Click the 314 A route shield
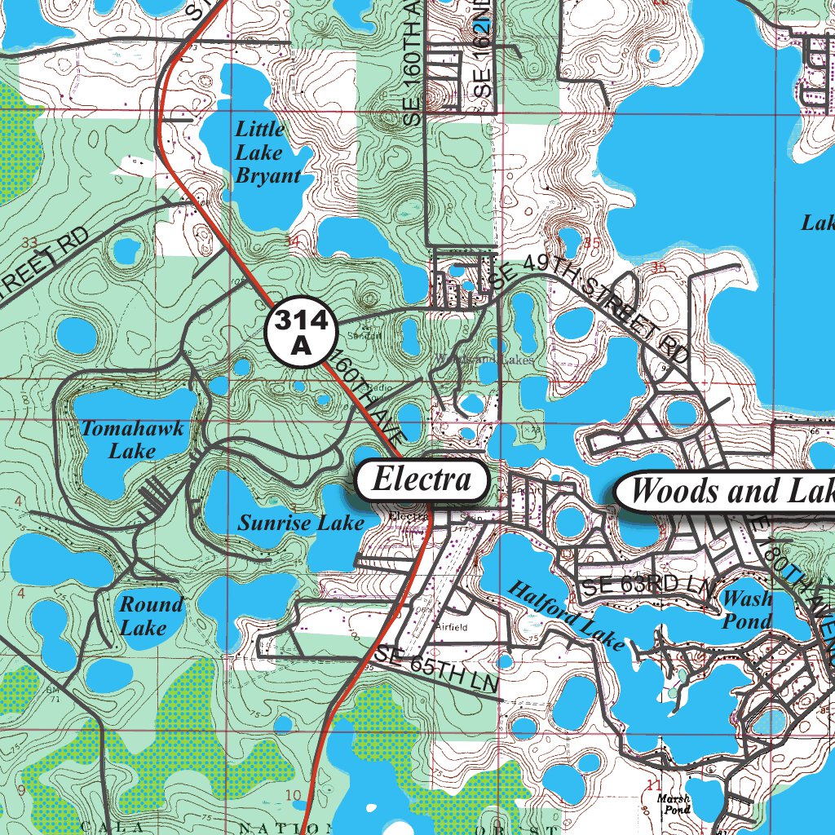point(301,333)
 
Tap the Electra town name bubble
point(422,479)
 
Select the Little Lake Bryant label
point(267,152)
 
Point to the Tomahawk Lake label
point(132,440)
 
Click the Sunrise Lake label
point(300,523)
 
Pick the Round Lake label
point(151,616)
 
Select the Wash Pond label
point(747,610)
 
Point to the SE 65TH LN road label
point(438,669)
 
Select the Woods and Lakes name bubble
point(726,491)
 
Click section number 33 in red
point(31,242)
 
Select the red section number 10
point(294,795)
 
